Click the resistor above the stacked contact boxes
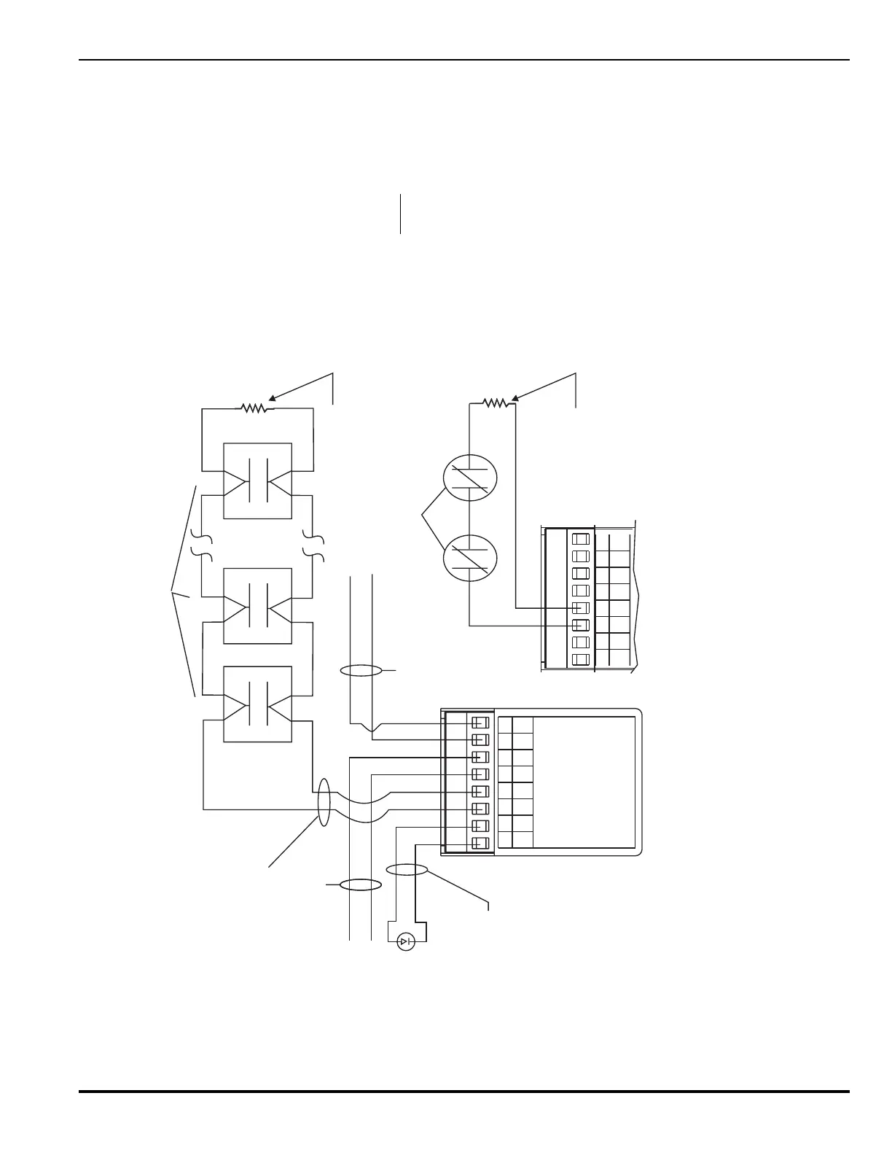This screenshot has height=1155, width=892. [x=257, y=408]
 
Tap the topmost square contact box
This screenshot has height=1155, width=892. [x=257, y=481]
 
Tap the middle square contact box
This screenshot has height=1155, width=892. [x=257, y=605]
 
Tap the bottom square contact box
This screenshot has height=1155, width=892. [x=257, y=704]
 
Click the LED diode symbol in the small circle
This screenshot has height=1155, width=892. [x=406, y=942]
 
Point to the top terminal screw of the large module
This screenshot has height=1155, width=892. [x=480, y=723]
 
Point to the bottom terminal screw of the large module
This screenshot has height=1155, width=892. [x=480, y=843]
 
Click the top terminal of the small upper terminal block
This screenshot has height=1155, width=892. [x=580, y=540]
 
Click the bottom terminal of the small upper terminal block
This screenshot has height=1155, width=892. [x=580, y=659]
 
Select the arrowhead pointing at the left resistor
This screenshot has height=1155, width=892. [x=271, y=398]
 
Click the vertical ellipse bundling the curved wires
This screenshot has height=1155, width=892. [x=324, y=802]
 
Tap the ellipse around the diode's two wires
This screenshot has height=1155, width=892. [x=406, y=869]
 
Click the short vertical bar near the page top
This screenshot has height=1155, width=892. [x=400, y=214]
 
